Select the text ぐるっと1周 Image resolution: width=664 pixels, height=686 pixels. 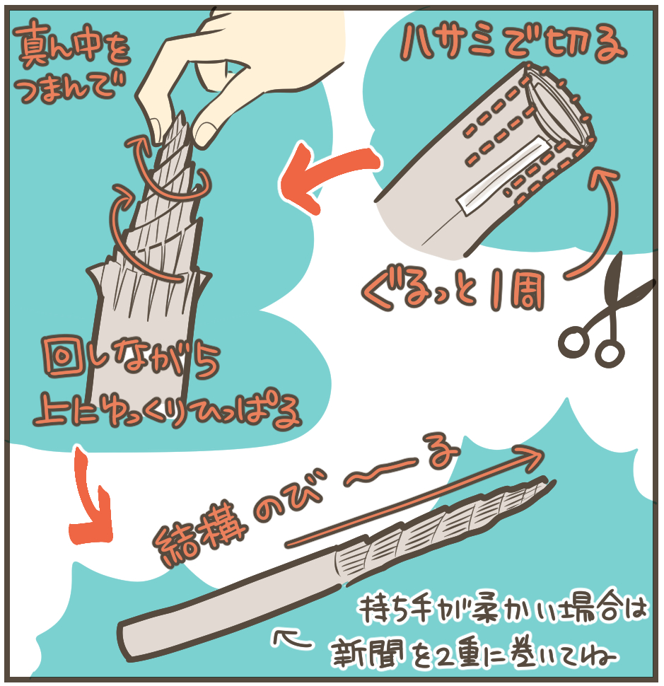[x=453, y=290]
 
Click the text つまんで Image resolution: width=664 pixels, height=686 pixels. [x=70, y=88]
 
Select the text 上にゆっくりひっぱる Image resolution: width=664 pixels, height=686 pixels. [x=167, y=409]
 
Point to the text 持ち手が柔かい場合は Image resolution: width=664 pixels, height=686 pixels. [x=503, y=609]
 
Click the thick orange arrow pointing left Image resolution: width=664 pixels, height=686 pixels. [x=328, y=175]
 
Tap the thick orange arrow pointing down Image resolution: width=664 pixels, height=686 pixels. [x=90, y=499]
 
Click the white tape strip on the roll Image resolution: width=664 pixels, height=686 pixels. [x=503, y=175]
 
